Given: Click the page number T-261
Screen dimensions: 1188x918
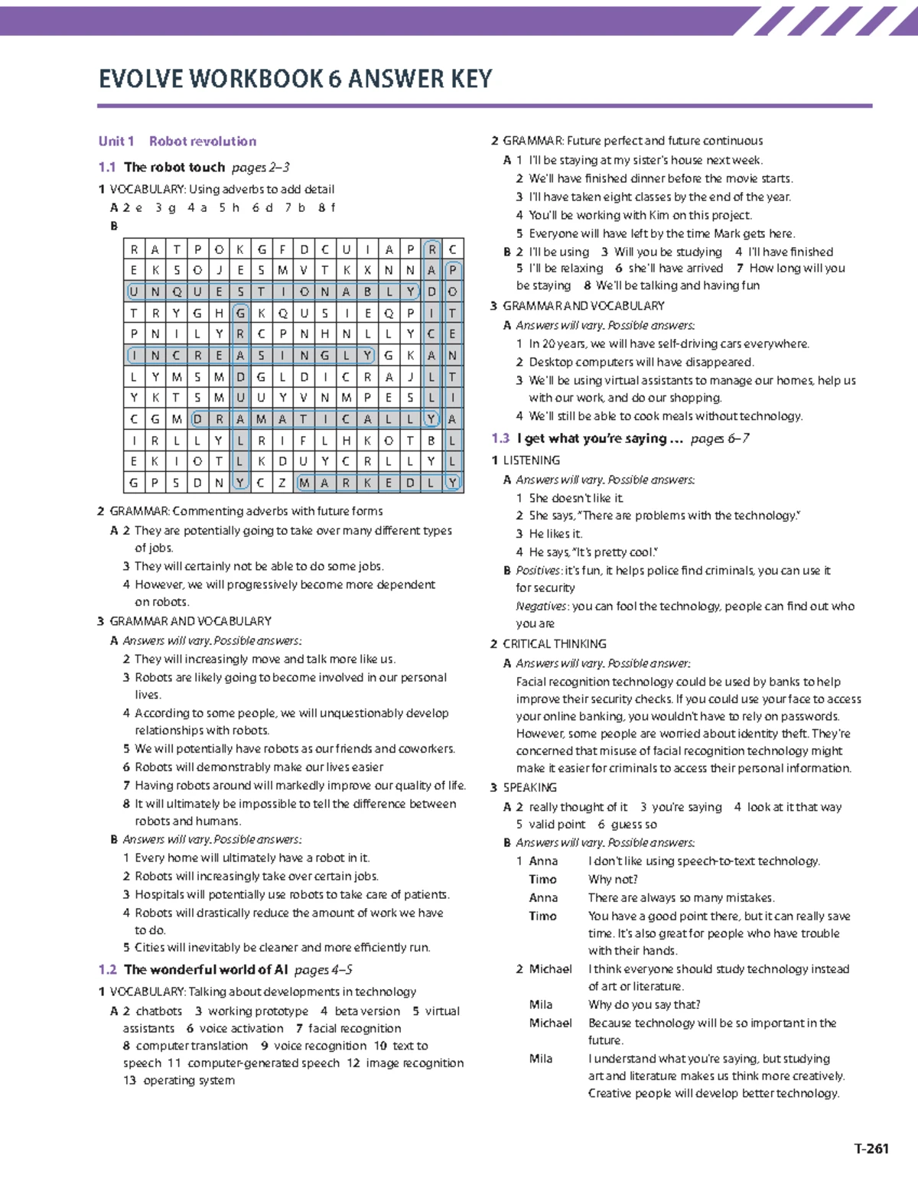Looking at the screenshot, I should (871, 1148).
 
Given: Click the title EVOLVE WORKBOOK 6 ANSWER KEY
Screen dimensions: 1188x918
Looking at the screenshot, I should (295, 79).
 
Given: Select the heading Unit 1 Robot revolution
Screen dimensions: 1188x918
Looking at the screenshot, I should (177, 141).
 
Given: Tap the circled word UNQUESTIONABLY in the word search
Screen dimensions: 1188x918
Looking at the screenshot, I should (273, 291).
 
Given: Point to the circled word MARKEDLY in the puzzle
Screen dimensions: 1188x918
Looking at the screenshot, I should (379, 483).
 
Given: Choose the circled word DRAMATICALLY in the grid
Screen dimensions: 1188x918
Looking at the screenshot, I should (314, 419).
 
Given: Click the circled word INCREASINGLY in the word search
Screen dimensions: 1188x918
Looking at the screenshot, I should (250, 355).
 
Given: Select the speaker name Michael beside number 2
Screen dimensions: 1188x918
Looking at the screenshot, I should (550, 969).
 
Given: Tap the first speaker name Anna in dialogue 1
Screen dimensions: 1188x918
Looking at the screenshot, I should (543, 861).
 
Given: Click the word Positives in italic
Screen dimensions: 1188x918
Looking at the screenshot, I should (538, 571).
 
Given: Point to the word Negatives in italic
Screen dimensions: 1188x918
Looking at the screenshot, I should (542, 606).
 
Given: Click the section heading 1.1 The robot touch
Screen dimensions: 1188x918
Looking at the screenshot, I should (174, 167).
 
